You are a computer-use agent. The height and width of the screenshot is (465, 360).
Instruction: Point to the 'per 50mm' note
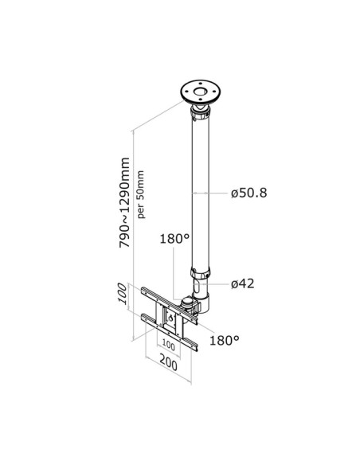141,193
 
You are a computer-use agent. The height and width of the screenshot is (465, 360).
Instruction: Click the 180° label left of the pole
174,237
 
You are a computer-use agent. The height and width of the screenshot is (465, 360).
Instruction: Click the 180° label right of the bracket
225,339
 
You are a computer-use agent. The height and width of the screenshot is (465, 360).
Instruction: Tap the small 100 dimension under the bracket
167,346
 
